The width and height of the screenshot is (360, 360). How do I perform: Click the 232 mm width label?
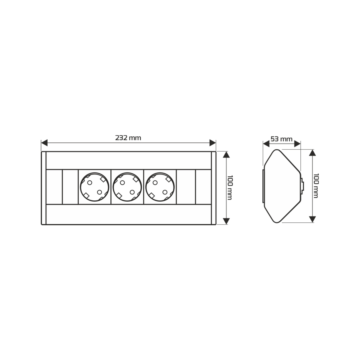pyautogui.click(x=128, y=138)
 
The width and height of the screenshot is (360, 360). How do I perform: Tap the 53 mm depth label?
pyautogui.click(x=282, y=139)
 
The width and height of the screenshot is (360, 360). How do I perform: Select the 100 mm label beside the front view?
pyautogui.click(x=230, y=188)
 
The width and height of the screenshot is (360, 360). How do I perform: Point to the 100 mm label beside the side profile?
pyautogui.click(x=316, y=186)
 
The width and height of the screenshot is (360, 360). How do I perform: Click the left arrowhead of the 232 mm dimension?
pyautogui.click(x=44, y=143)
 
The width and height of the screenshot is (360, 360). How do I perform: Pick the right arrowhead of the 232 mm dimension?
pyautogui.click(x=213, y=143)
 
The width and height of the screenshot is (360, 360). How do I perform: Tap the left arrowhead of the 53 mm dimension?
pyautogui.click(x=266, y=144)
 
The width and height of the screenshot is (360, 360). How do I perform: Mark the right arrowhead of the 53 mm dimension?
pyautogui.click(x=297, y=144)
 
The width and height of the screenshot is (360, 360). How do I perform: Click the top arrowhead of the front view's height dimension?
pyautogui.click(x=226, y=155)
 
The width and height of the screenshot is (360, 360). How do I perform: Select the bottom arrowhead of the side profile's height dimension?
pyautogui.click(x=312, y=219)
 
